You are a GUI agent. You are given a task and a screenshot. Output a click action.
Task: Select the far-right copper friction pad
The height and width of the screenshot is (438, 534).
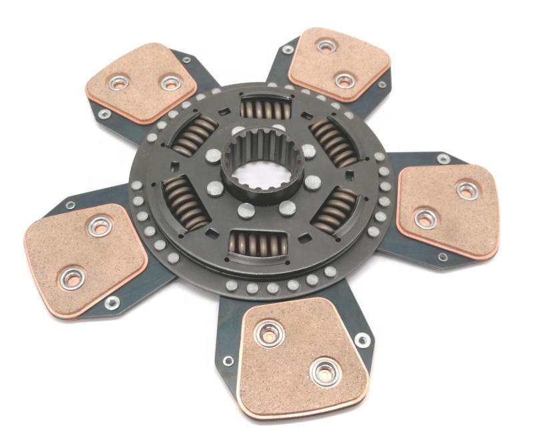449,209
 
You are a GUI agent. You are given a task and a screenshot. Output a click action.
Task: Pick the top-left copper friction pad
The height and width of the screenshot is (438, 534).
141,82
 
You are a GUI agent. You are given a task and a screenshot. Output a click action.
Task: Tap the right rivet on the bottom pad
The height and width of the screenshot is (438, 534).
325,372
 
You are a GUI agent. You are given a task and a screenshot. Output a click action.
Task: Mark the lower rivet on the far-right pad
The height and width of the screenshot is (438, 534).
425,218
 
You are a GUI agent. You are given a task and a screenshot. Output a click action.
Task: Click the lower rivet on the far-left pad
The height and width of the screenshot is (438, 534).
71,277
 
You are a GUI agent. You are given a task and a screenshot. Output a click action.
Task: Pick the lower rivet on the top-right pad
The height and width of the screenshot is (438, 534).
344,80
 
